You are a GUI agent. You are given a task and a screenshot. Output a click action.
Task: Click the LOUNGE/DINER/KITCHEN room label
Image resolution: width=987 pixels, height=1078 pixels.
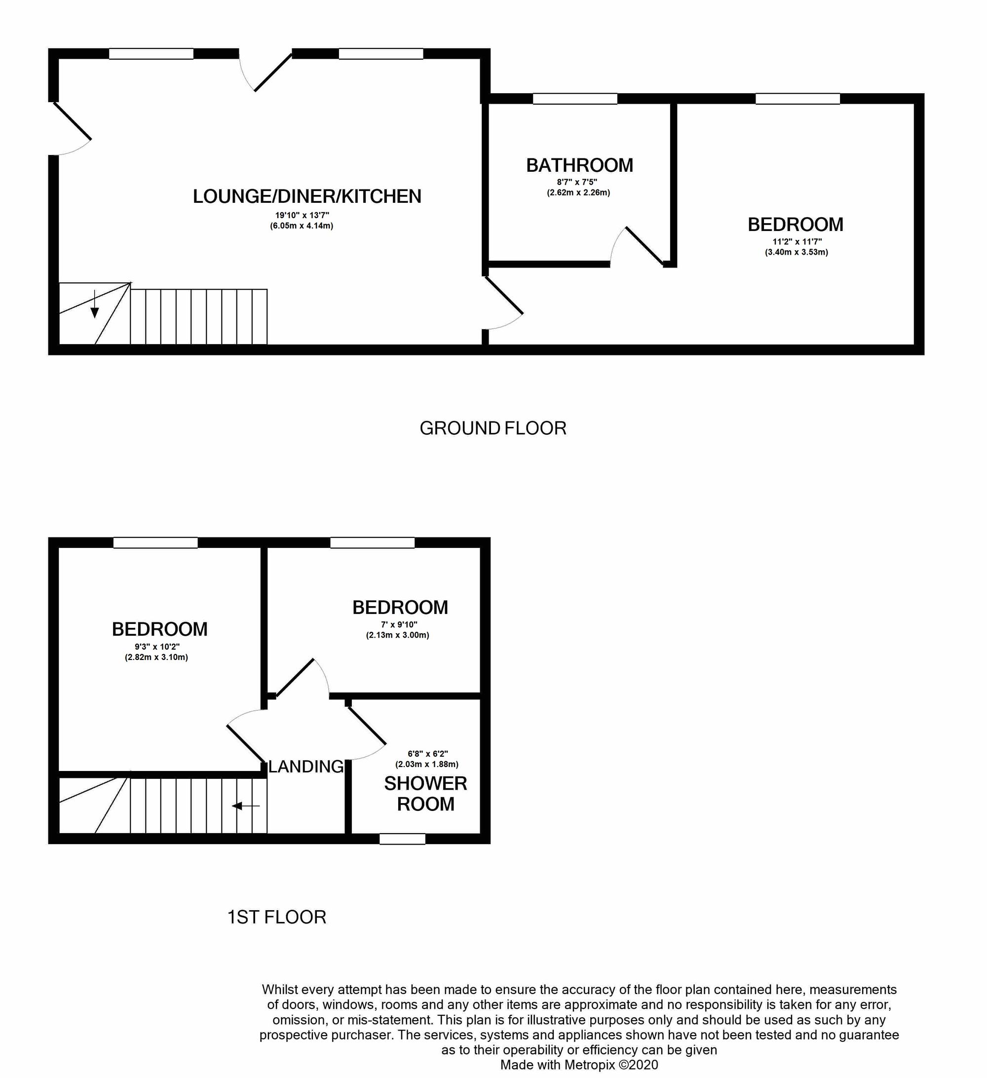point(307,197)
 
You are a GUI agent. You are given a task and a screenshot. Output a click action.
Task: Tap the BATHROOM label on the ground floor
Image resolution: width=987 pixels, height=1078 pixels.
point(579,165)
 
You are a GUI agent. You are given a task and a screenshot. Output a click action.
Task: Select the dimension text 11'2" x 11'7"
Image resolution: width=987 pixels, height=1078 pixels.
point(797,242)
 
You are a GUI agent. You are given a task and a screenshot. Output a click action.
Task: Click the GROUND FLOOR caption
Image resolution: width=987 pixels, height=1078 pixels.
point(493,428)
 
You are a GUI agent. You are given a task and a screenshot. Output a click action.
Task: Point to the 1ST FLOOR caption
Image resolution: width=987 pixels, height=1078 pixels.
point(276,917)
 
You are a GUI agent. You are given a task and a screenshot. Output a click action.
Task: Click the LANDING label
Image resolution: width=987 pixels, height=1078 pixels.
point(306,767)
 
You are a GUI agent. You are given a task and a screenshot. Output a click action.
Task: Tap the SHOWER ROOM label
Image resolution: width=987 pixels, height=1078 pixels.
point(425,794)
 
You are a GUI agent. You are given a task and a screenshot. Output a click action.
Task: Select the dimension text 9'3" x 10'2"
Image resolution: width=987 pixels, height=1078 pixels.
point(156,647)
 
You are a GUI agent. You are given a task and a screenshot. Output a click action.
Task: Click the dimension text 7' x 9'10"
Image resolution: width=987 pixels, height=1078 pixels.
point(398,624)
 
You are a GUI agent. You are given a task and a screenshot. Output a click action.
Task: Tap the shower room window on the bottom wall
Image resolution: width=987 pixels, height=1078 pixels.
point(402,839)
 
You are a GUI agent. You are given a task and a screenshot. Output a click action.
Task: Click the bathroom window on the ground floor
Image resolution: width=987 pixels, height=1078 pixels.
point(575,99)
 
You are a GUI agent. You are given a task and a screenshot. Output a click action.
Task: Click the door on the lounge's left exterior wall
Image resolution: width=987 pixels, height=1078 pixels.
point(72,128)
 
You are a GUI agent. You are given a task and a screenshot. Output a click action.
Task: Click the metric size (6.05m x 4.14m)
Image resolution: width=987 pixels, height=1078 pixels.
point(302,226)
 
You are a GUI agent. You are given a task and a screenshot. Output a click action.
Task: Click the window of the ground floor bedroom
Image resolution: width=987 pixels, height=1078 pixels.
point(797,99)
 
